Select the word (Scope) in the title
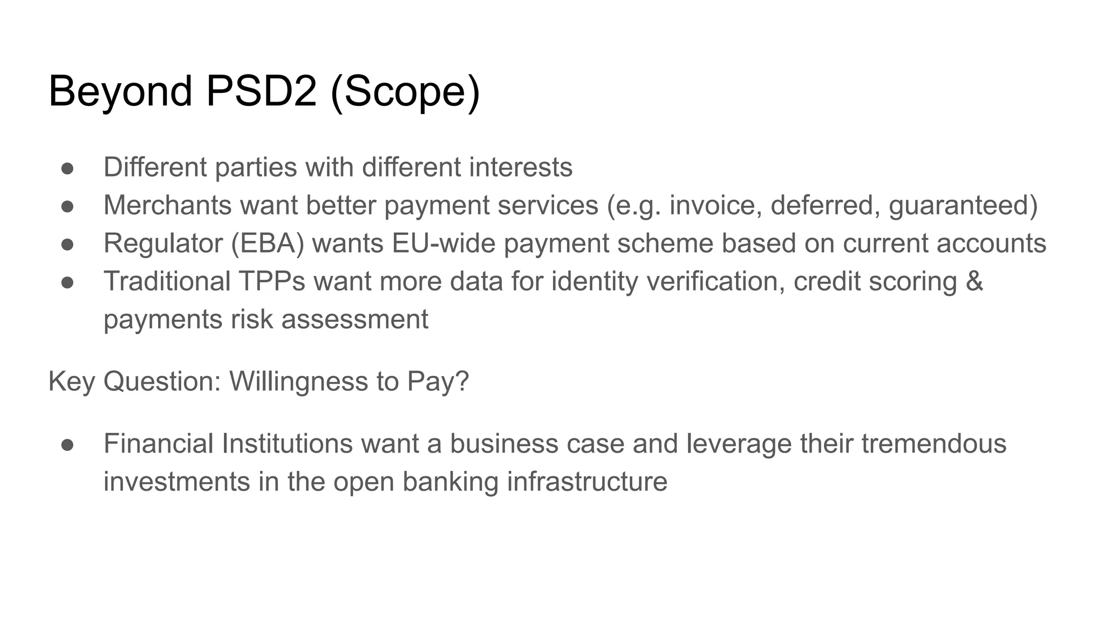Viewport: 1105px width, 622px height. click(x=405, y=92)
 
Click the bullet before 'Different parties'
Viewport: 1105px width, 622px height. click(x=67, y=168)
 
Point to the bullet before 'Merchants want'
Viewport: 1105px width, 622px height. click(x=67, y=206)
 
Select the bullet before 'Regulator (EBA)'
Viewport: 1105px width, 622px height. click(x=67, y=244)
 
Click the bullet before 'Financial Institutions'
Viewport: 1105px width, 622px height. click(x=67, y=444)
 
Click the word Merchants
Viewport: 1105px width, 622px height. click(x=167, y=205)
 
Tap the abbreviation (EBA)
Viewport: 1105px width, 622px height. click(x=268, y=244)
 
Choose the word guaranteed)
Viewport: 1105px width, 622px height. click(x=963, y=206)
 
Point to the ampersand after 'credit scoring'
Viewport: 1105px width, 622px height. click(x=974, y=281)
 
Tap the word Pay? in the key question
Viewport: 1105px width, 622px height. click(x=438, y=382)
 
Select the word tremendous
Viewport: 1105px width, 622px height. click(x=933, y=444)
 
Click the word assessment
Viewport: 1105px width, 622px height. click(x=355, y=320)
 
